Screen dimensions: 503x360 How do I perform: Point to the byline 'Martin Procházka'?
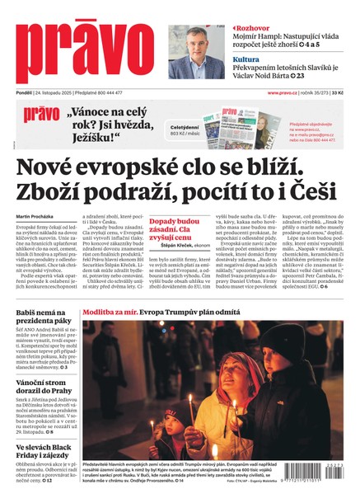35,217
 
